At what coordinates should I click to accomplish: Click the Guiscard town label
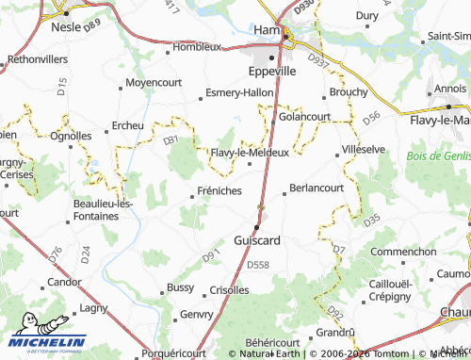[x=256, y=240]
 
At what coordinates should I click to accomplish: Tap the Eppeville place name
[x=271, y=71]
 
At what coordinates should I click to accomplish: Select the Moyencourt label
[x=153, y=83]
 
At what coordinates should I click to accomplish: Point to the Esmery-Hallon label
[x=239, y=93]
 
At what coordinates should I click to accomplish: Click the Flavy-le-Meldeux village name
[x=250, y=152]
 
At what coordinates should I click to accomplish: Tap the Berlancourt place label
[x=317, y=187]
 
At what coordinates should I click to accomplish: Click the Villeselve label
[x=363, y=149]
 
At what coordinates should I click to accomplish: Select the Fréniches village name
[x=219, y=190]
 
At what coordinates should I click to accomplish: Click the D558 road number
[x=257, y=266]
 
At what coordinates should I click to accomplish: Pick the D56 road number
[x=371, y=116]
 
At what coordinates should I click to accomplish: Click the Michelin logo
[x=49, y=342]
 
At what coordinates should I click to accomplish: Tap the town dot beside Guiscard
[x=255, y=226]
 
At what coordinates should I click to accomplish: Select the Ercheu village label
[x=128, y=125]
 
